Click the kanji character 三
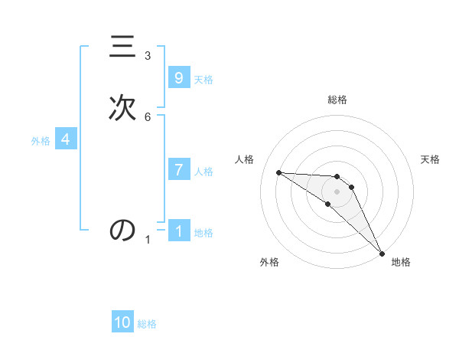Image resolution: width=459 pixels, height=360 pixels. pyautogui.click(x=122, y=47)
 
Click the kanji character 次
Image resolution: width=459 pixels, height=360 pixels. pyautogui.click(x=122, y=107)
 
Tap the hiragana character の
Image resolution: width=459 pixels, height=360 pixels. pyautogui.click(x=122, y=230)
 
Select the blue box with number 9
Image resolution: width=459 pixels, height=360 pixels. pyautogui.click(x=178, y=78)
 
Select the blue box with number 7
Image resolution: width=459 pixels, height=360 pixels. pyautogui.click(x=178, y=170)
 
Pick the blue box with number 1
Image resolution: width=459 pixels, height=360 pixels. pyautogui.click(x=178, y=231)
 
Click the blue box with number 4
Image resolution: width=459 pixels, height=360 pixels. pyautogui.click(x=65, y=139)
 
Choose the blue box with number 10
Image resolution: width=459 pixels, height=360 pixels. pyautogui.click(x=122, y=322)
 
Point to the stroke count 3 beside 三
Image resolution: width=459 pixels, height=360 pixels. pyautogui.click(x=148, y=56)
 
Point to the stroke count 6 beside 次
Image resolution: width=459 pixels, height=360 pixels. pyautogui.click(x=148, y=116)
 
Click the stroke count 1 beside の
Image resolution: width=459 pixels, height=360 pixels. pyautogui.click(x=148, y=240)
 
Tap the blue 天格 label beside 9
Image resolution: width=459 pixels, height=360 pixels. pyautogui.click(x=203, y=80)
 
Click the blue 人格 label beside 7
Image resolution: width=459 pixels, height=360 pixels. pyautogui.click(x=203, y=172)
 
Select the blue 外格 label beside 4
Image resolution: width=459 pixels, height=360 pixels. pyautogui.click(x=41, y=141)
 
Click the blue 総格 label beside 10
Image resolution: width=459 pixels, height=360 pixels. pyautogui.click(x=147, y=324)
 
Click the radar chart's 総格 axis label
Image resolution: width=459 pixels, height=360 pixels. pyautogui.click(x=337, y=100)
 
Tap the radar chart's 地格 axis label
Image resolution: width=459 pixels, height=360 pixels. pyautogui.click(x=401, y=262)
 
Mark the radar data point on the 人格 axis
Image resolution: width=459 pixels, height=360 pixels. pyautogui.click(x=278, y=172)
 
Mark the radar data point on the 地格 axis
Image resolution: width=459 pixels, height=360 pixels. pyautogui.click(x=382, y=253)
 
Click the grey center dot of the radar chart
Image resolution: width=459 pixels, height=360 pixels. pyautogui.click(x=337, y=190)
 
